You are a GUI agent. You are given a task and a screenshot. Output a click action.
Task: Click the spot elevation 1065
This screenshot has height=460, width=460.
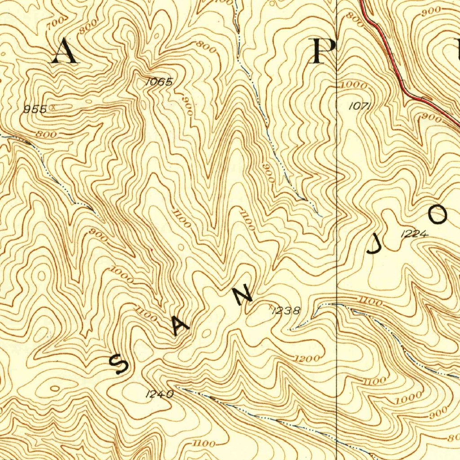tap(159, 82)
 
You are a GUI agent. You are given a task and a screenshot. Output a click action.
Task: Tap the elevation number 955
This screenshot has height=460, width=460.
tap(35, 109)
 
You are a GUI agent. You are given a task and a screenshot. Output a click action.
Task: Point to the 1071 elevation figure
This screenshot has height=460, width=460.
tap(359, 106)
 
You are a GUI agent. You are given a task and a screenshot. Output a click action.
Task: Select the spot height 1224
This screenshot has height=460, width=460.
tap(414, 233)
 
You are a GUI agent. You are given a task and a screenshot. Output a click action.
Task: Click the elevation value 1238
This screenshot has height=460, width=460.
tap(286, 310)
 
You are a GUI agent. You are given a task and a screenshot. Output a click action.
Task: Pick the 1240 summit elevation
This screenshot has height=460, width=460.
tap(159, 394)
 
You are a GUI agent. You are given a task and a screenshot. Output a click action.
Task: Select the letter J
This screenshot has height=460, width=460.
tap(374, 245)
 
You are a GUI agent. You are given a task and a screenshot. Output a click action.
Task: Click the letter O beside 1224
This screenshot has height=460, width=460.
tap(438, 215)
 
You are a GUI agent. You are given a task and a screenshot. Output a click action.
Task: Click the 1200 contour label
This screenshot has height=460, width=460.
tap(308, 358)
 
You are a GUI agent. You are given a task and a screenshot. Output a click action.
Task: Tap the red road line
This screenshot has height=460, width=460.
tap(395, 67)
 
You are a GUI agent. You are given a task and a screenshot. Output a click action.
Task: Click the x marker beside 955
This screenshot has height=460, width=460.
tap(53, 107)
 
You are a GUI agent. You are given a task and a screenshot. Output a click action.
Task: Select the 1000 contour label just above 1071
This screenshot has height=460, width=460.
tap(354, 85)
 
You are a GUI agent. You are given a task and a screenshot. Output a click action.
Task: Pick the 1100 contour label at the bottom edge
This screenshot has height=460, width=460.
tap(204, 444)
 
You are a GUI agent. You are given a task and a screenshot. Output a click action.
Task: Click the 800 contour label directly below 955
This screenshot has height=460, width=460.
tap(46, 134)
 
